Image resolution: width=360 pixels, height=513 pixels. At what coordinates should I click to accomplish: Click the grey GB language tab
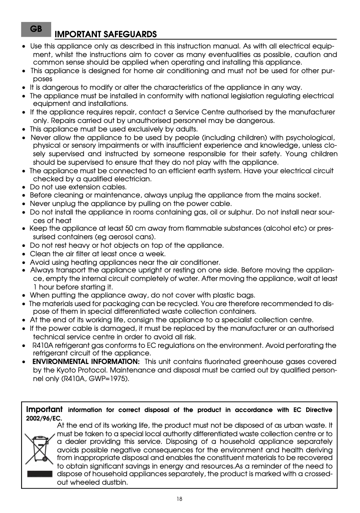[x=36, y=29]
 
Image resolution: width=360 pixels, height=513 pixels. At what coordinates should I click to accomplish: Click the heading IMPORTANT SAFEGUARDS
[x=105, y=35]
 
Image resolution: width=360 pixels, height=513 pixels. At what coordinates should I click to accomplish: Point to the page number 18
[x=180, y=499]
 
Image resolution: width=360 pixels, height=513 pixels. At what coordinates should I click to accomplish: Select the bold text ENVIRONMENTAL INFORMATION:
[x=86, y=362]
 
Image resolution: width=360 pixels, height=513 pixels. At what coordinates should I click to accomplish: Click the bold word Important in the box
[x=44, y=410]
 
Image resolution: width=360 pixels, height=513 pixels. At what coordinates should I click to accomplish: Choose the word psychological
[x=311, y=137]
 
